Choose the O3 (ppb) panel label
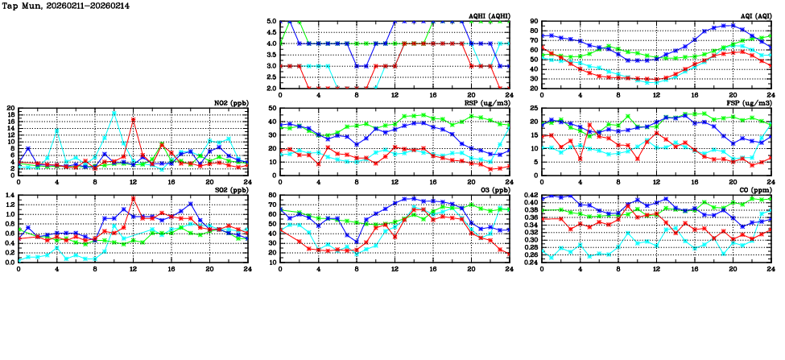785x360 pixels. tap(493, 189)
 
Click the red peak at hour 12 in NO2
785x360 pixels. tap(133, 120)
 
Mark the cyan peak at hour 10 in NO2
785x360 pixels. tap(114, 112)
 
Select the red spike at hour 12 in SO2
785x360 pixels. tap(133, 198)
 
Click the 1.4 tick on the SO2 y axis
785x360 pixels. tap(10, 195)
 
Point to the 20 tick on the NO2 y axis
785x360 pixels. tap(10, 108)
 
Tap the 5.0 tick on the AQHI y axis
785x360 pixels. tap(271, 22)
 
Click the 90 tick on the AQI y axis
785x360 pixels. tap(533, 22)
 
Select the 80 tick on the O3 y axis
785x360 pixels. tap(271, 195)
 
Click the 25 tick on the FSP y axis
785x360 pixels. tap(533, 108)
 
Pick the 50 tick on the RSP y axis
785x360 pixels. tap(271, 108)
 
